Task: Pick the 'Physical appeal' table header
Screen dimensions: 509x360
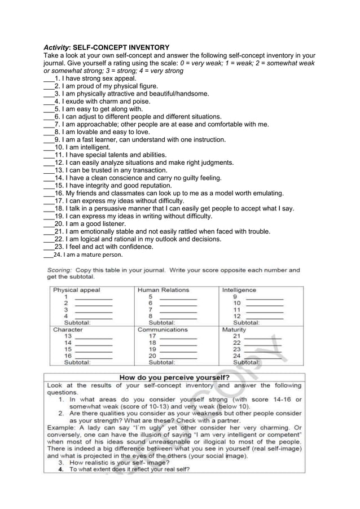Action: (x=77, y=290)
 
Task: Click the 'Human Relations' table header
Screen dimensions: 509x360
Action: (x=164, y=290)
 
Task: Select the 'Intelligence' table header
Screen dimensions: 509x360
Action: (x=239, y=290)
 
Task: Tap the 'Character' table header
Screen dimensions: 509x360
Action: (x=68, y=330)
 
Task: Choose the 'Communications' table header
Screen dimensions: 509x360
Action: (x=163, y=330)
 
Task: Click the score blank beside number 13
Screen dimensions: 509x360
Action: (x=93, y=337)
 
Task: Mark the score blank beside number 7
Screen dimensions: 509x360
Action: (x=178, y=310)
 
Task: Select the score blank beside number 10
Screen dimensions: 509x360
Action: (x=264, y=304)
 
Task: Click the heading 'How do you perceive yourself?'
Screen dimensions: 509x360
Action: (x=174, y=377)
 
